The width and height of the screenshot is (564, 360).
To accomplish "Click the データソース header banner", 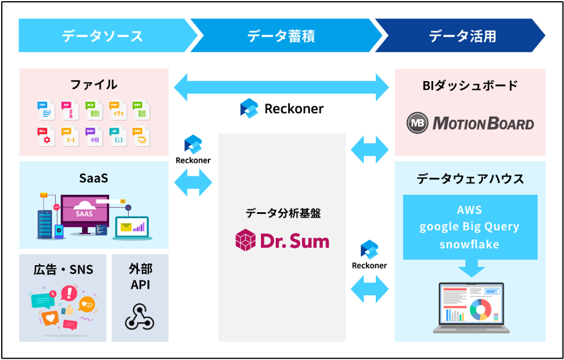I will tap(102, 36).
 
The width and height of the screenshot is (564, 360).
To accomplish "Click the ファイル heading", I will tap(94, 84).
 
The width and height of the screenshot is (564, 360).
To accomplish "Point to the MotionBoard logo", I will tap(470, 123).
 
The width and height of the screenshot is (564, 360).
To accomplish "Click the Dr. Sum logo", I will tap(282, 240).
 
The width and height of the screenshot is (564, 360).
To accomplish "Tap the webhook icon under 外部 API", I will tap(139, 316).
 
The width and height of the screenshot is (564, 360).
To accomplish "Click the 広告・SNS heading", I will tap(63, 269).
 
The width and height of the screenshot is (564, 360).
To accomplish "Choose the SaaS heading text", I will tap(94, 178).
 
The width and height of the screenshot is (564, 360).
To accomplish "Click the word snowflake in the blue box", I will tap(469, 244).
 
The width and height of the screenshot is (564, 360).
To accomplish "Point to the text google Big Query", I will tap(469, 227).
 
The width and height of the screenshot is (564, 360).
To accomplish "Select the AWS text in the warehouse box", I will tap(469, 210).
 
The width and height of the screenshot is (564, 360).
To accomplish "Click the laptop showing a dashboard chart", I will tap(470, 308).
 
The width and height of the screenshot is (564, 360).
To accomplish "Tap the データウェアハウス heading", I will tap(470, 178).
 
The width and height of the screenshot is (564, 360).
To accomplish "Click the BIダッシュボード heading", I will tap(470, 85).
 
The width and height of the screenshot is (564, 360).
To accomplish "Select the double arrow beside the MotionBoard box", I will tap(370, 149).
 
